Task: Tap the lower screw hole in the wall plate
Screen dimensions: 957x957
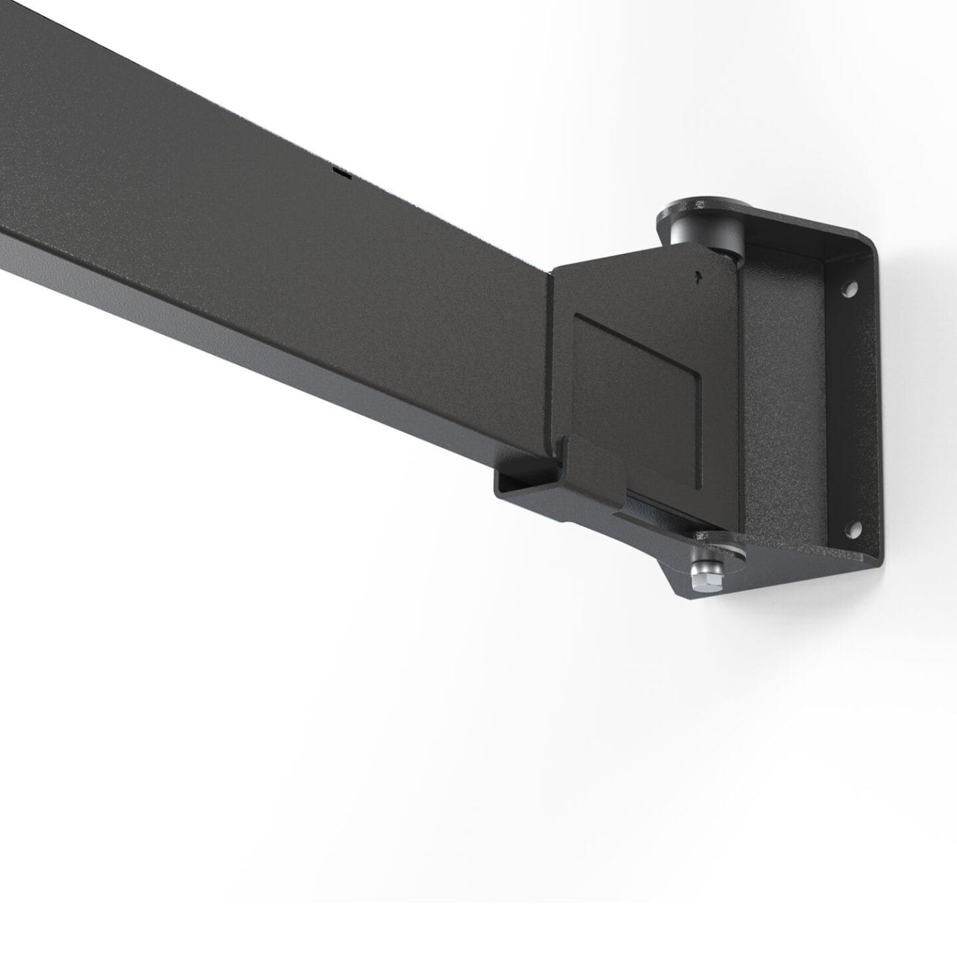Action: coord(852,530)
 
